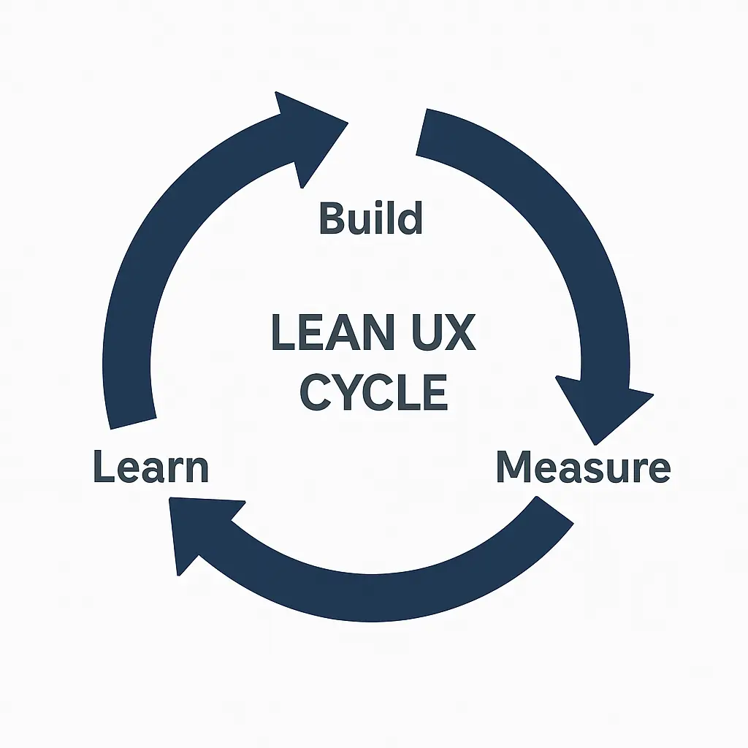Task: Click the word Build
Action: click(x=371, y=218)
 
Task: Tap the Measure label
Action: click(x=583, y=467)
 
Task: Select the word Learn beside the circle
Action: click(x=151, y=467)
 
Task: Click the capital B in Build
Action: click(x=332, y=218)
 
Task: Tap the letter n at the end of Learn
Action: click(x=196, y=469)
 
